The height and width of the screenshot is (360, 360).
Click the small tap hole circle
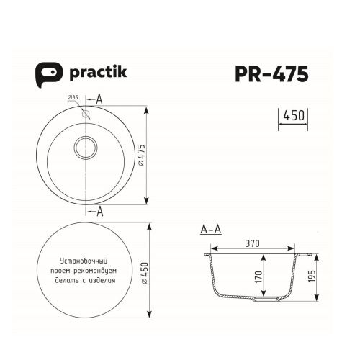coord(87,113)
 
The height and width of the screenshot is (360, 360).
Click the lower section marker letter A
coord(99,211)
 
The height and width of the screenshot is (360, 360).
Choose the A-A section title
coord(210,230)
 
